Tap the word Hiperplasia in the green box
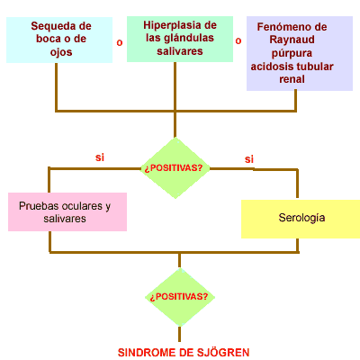(168, 25)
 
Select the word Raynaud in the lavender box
(292, 40)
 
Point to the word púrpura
(292, 53)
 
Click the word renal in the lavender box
(292, 79)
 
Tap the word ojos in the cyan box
(61, 52)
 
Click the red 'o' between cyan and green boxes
(120, 42)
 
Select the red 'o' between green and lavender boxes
(238, 40)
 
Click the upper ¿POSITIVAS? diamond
(175, 168)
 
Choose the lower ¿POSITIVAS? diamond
(180, 297)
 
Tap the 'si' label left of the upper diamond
(100, 157)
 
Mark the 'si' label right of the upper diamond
(249, 159)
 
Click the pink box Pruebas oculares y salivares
(67, 211)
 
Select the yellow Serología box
(301, 219)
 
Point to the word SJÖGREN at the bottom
(223, 352)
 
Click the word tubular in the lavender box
(316, 67)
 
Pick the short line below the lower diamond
(179, 334)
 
